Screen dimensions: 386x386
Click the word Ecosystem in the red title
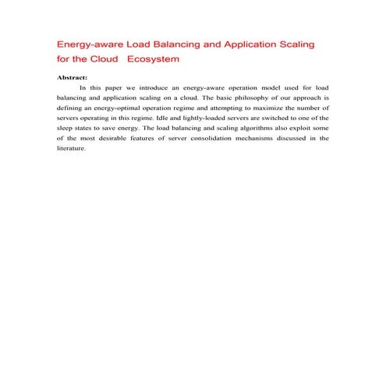click(153, 58)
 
